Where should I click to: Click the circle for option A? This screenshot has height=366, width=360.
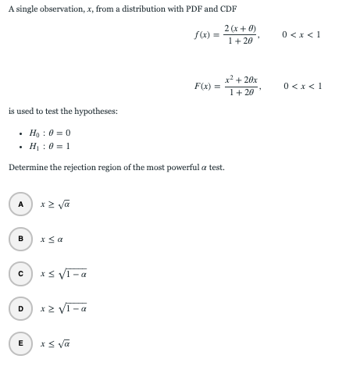[21, 204]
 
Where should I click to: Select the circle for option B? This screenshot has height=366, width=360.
[21, 239]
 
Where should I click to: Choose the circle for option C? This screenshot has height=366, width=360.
[21, 274]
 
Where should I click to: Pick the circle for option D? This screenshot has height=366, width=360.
[21, 309]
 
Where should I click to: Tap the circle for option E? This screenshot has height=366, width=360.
[21, 344]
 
